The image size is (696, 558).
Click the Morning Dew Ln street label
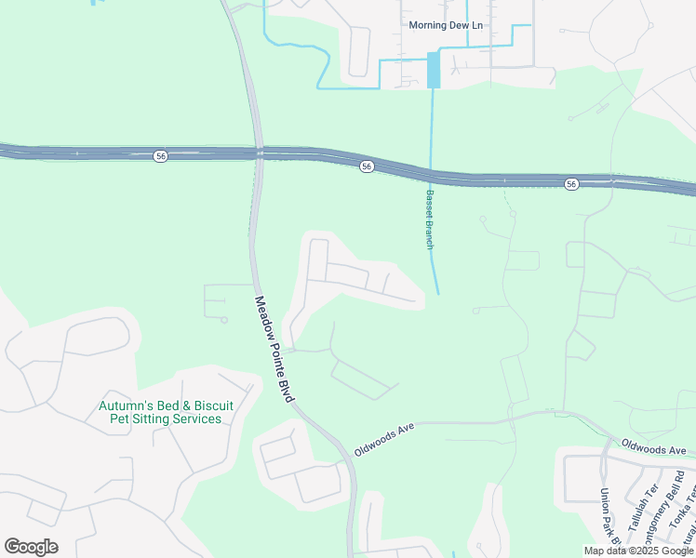point(446,25)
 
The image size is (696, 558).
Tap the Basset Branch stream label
point(430,219)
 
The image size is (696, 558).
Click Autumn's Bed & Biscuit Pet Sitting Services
point(167,412)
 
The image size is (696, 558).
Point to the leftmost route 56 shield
point(161,156)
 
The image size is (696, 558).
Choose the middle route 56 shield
point(368,166)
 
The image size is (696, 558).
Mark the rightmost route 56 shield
point(571,184)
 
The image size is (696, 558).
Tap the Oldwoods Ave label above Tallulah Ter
point(651,448)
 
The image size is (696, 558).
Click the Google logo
point(31,547)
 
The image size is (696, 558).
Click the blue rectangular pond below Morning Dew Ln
point(433,70)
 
